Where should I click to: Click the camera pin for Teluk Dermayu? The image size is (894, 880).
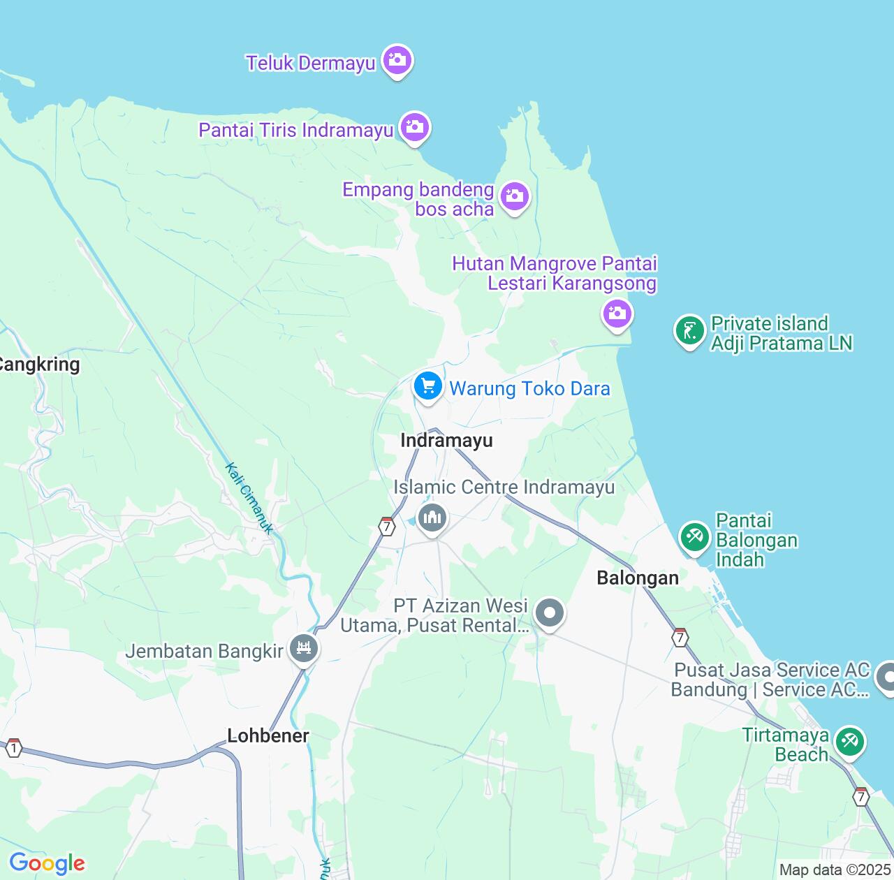(x=397, y=61)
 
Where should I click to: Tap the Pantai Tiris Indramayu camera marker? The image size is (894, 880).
(x=415, y=128)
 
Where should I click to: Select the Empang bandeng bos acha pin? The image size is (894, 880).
(x=515, y=197)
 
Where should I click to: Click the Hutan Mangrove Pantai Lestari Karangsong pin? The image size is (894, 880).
(x=617, y=313)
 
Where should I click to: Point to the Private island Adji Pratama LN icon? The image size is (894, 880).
(x=690, y=330)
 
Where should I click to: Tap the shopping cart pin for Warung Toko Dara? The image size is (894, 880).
(x=427, y=386)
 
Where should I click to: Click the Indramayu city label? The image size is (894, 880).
(x=447, y=441)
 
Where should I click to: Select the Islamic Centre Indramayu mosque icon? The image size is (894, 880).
(x=432, y=518)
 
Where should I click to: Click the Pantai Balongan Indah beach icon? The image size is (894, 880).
(x=694, y=537)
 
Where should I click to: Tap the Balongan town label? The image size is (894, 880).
(x=638, y=578)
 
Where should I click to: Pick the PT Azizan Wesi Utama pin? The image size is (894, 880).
(x=550, y=614)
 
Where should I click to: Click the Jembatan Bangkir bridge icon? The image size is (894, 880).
(x=303, y=649)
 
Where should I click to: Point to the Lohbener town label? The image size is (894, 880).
(x=268, y=735)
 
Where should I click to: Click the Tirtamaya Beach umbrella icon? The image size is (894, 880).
(x=850, y=742)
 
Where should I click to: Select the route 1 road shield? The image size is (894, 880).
(x=13, y=749)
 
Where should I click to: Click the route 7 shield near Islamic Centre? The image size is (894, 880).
(x=387, y=527)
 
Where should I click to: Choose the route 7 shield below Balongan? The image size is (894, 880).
(x=680, y=638)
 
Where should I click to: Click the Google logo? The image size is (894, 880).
(x=47, y=863)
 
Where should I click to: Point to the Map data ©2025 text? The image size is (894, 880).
(x=835, y=870)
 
